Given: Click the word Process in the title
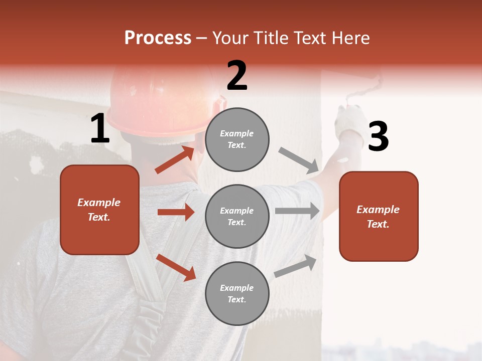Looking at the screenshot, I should pyautogui.click(x=158, y=38).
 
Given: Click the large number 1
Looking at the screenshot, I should pyautogui.click(x=100, y=129).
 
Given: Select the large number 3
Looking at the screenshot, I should pyautogui.click(x=378, y=136).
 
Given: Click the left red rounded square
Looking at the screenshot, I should pyautogui.click(x=99, y=210).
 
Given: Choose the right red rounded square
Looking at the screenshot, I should pyautogui.click(x=379, y=216).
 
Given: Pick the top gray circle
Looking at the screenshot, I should pyautogui.click(x=237, y=139).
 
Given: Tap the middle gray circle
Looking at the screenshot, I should pyautogui.click(x=237, y=216).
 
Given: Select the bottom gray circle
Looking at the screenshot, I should pyautogui.click(x=237, y=293).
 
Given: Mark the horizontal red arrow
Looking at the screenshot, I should pyautogui.click(x=176, y=212).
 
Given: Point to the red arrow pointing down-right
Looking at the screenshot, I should pyautogui.click(x=176, y=267).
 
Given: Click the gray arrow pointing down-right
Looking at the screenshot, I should pyautogui.click(x=299, y=160).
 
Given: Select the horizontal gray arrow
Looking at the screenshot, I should pyautogui.click(x=297, y=211).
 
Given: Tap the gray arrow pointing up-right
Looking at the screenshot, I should pyautogui.click(x=295, y=266).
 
